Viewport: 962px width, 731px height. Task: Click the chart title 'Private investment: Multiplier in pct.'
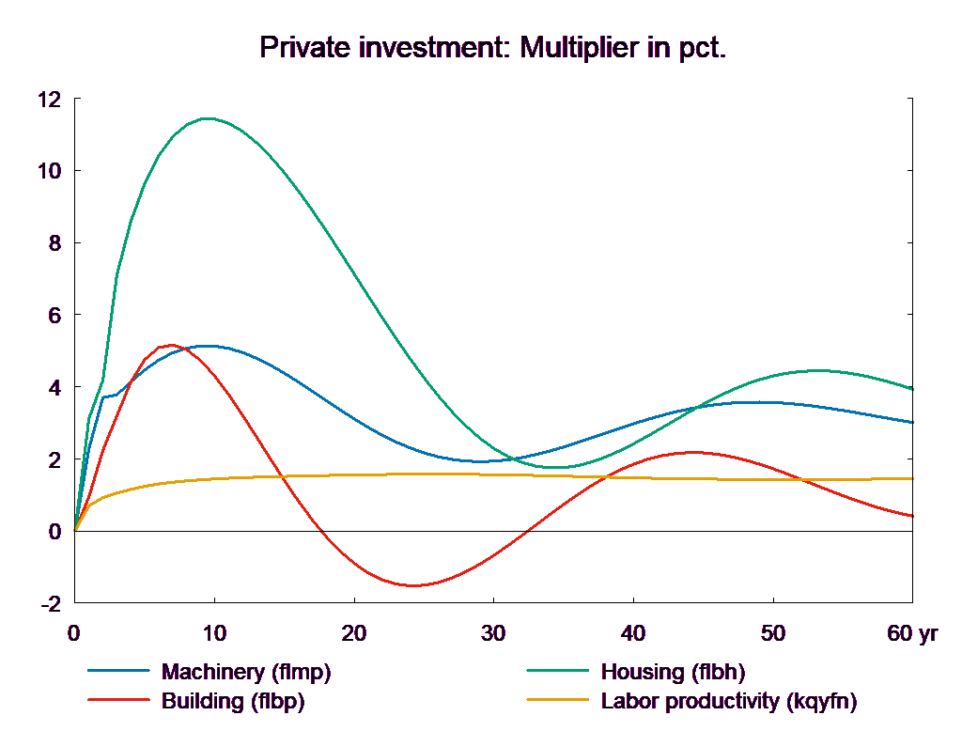pyautogui.click(x=492, y=48)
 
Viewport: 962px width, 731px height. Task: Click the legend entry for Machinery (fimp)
pyautogui.click(x=246, y=672)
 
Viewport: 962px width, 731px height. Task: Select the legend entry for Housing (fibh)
pyautogui.click(x=672, y=672)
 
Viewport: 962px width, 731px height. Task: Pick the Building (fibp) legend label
pyautogui.click(x=233, y=701)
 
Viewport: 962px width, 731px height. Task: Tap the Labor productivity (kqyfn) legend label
pyautogui.click(x=728, y=701)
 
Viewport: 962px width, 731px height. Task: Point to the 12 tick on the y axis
pyautogui.click(x=49, y=99)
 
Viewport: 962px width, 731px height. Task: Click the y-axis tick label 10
pyautogui.click(x=49, y=171)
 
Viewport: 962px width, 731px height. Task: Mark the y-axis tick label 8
pyautogui.click(x=54, y=243)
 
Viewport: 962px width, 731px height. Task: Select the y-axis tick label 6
pyautogui.click(x=54, y=316)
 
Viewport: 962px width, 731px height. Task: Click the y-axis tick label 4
pyautogui.click(x=54, y=387)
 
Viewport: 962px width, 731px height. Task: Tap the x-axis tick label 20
pyautogui.click(x=353, y=634)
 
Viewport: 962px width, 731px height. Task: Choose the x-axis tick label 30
pyautogui.click(x=492, y=634)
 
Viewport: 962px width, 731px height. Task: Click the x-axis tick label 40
pyautogui.click(x=632, y=634)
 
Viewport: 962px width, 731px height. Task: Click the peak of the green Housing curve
pyautogui.click(x=207, y=118)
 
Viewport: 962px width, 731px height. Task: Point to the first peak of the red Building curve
pyautogui.click(x=171, y=345)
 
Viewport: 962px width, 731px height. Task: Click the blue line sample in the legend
pyautogui.click(x=119, y=672)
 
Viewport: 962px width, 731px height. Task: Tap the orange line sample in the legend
pyautogui.click(x=558, y=701)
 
